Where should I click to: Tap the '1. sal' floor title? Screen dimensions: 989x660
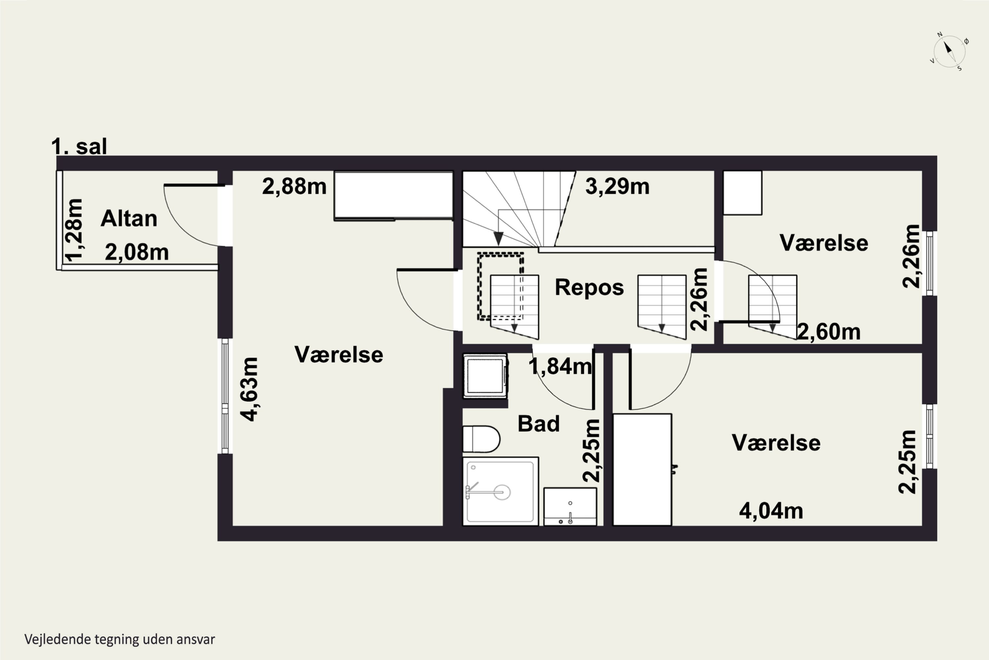coord(79,147)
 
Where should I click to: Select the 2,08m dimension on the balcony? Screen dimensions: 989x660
coord(137,252)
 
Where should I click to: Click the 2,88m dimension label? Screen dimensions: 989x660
coord(294,186)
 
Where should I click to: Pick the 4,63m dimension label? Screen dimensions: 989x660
coord(249,389)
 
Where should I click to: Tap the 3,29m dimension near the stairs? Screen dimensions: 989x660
coord(617,186)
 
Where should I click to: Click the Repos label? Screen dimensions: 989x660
coord(589,287)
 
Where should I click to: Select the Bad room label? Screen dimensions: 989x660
coord(539,423)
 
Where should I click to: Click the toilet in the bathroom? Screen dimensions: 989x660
coord(481,439)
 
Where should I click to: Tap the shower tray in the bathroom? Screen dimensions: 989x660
coord(500,491)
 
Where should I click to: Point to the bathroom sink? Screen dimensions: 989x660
coord(570,507)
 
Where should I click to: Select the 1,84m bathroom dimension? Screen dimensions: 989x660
coord(560,367)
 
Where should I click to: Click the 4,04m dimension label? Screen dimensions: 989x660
coord(771,511)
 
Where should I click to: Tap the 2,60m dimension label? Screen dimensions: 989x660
coord(829,332)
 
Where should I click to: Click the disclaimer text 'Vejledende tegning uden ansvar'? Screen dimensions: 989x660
coord(120,639)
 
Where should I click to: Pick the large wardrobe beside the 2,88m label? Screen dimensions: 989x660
coord(394,195)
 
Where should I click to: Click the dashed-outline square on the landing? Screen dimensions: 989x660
coord(500,286)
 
